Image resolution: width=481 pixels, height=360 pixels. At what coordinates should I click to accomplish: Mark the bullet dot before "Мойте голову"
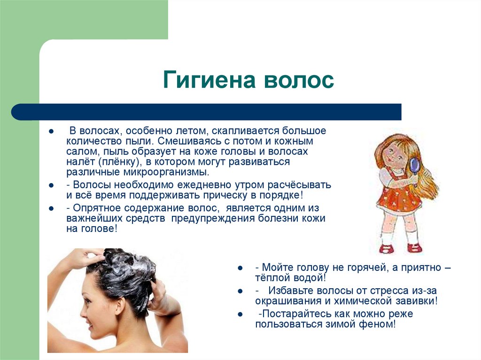240,268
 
